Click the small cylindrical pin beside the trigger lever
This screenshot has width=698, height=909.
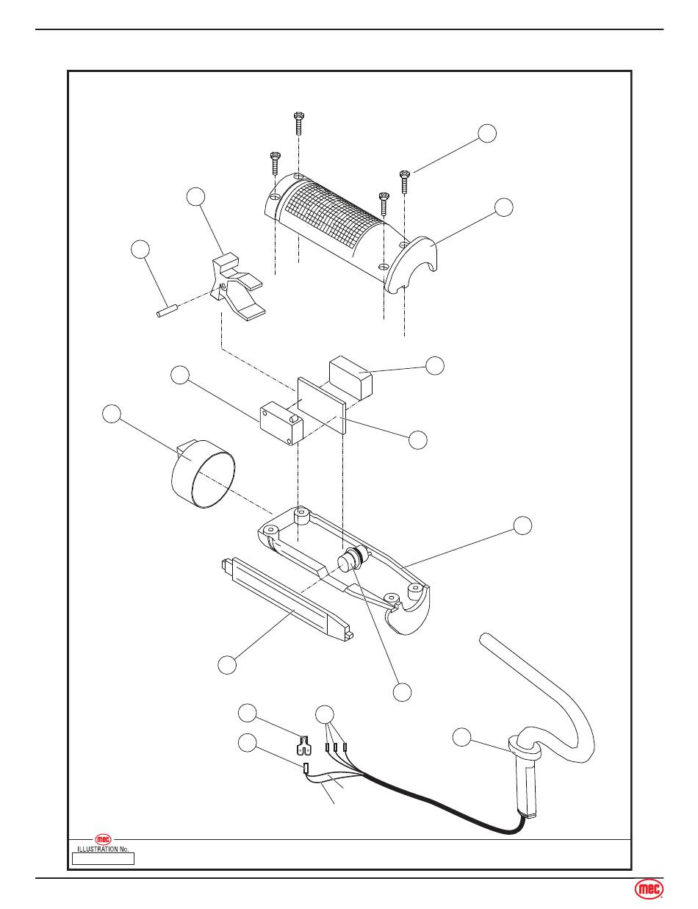[x=168, y=312]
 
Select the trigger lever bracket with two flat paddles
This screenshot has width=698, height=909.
[x=238, y=287]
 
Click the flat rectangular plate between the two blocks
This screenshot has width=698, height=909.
[x=322, y=405]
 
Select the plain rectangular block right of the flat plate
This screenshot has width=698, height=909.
[x=350, y=376]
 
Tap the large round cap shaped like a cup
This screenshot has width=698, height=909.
[x=204, y=474]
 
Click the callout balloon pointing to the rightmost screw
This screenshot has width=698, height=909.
[x=487, y=134]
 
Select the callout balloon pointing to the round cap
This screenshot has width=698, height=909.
[x=112, y=414]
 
